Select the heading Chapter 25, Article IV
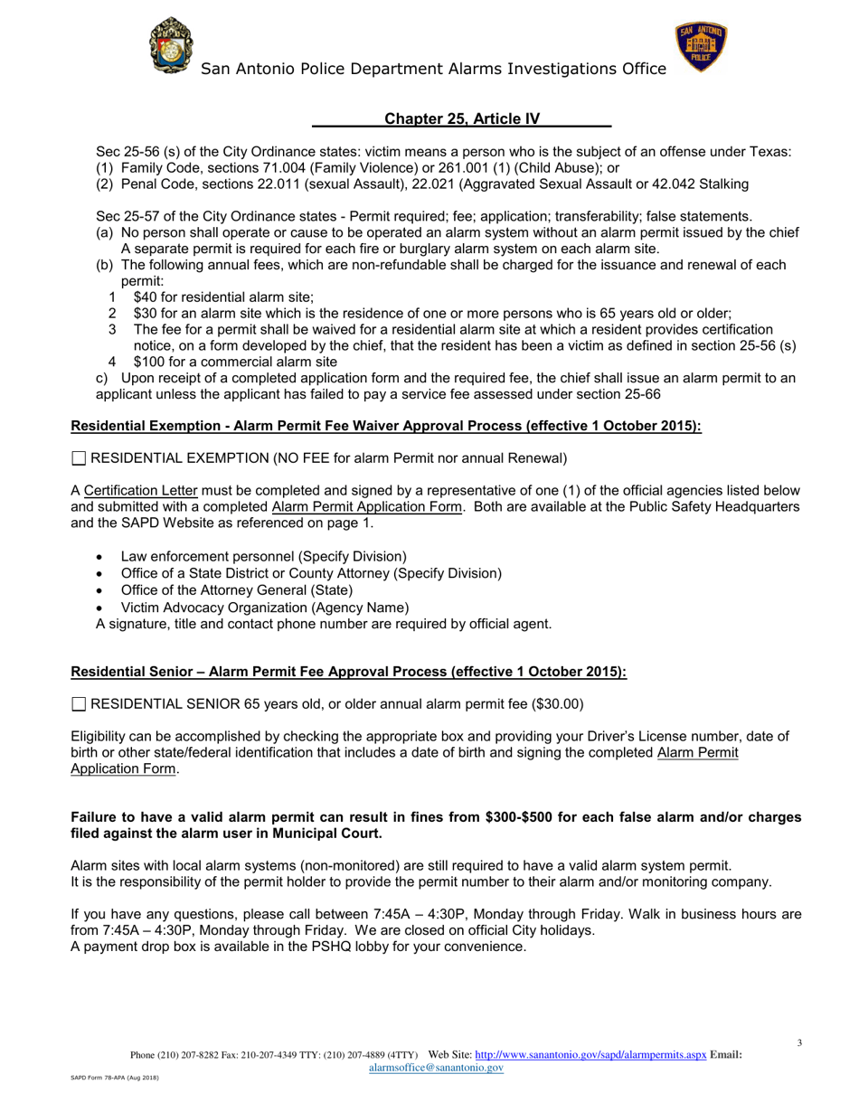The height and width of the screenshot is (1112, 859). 462,118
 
